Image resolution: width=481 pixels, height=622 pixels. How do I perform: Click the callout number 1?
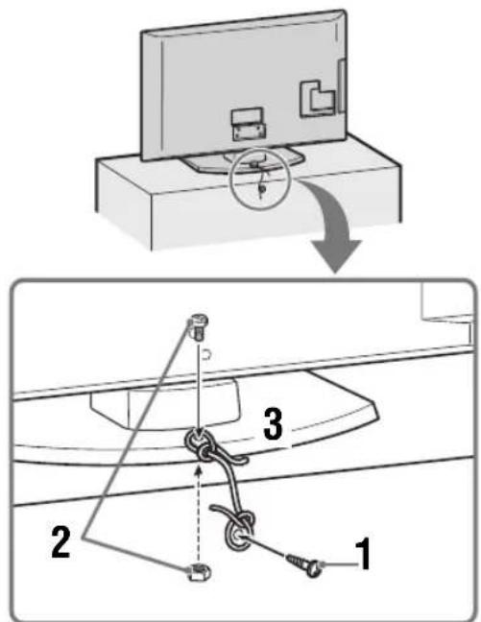tap(362, 554)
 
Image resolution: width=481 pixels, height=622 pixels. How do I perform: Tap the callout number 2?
tap(61, 542)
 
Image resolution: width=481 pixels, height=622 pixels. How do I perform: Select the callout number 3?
tap(274, 424)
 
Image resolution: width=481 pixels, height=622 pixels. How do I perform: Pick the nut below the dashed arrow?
tap(200, 572)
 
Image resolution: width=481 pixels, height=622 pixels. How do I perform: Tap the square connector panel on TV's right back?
tap(317, 99)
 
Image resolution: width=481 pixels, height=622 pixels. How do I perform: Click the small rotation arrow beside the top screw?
tap(206, 353)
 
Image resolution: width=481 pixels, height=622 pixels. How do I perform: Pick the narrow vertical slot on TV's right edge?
tap(341, 86)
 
